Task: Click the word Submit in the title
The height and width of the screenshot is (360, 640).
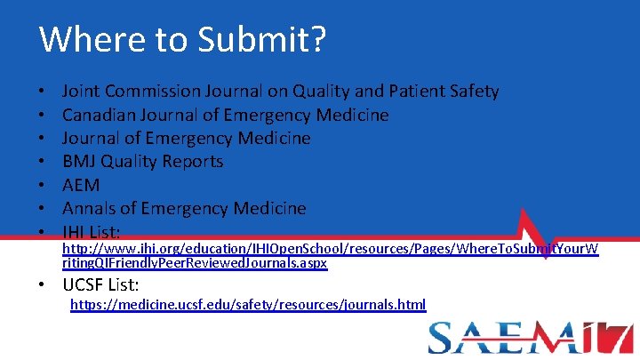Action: click(269, 39)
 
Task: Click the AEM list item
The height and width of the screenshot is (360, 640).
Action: click(81, 185)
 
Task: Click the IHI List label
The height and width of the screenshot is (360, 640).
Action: click(103, 231)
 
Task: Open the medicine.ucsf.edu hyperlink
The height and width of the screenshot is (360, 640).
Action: click(248, 305)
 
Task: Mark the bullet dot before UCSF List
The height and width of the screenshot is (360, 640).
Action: click(44, 285)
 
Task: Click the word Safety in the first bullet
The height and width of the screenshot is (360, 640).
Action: click(475, 91)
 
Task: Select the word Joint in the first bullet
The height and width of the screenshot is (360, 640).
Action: click(80, 91)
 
